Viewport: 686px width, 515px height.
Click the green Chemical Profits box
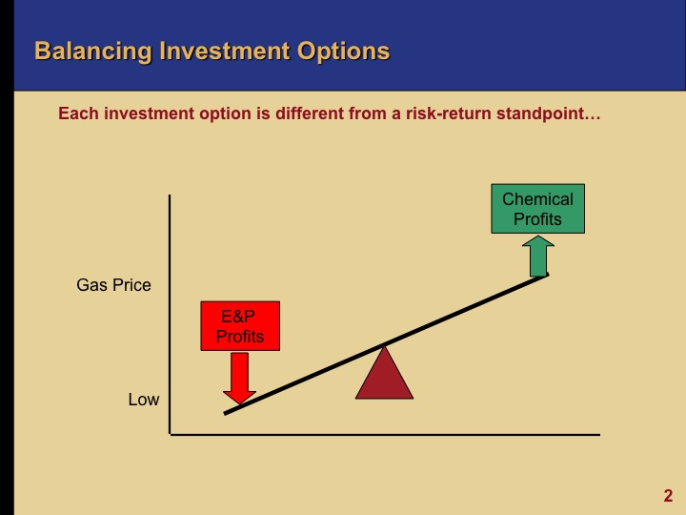(537, 209)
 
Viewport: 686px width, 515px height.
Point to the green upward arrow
(538, 256)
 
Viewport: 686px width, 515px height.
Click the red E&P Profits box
(239, 326)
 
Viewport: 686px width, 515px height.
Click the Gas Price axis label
(113, 285)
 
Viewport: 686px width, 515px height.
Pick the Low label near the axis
(144, 400)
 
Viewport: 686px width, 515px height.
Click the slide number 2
(668, 495)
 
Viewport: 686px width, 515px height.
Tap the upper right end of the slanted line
(547, 275)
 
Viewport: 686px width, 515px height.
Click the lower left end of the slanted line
(226, 413)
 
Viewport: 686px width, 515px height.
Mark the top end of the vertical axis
(170, 196)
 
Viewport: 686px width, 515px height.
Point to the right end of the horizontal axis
(598, 435)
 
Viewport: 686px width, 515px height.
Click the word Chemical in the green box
(537, 199)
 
